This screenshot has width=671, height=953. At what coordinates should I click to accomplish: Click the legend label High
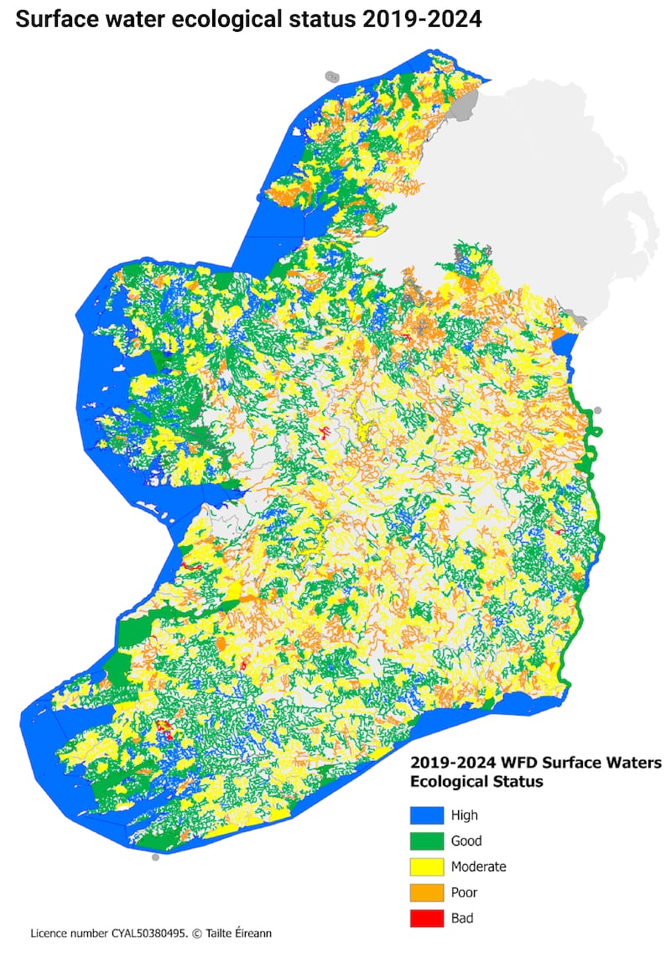click(x=464, y=815)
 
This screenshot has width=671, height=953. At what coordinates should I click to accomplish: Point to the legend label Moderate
click(x=478, y=867)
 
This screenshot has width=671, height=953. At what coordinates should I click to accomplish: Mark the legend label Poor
click(x=464, y=893)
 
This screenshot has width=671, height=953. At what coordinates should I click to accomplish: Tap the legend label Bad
click(x=461, y=918)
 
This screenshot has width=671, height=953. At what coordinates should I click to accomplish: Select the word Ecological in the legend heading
click(x=445, y=782)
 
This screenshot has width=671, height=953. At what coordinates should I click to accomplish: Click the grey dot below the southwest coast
click(x=155, y=857)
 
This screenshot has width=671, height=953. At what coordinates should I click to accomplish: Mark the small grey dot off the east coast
click(x=597, y=411)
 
